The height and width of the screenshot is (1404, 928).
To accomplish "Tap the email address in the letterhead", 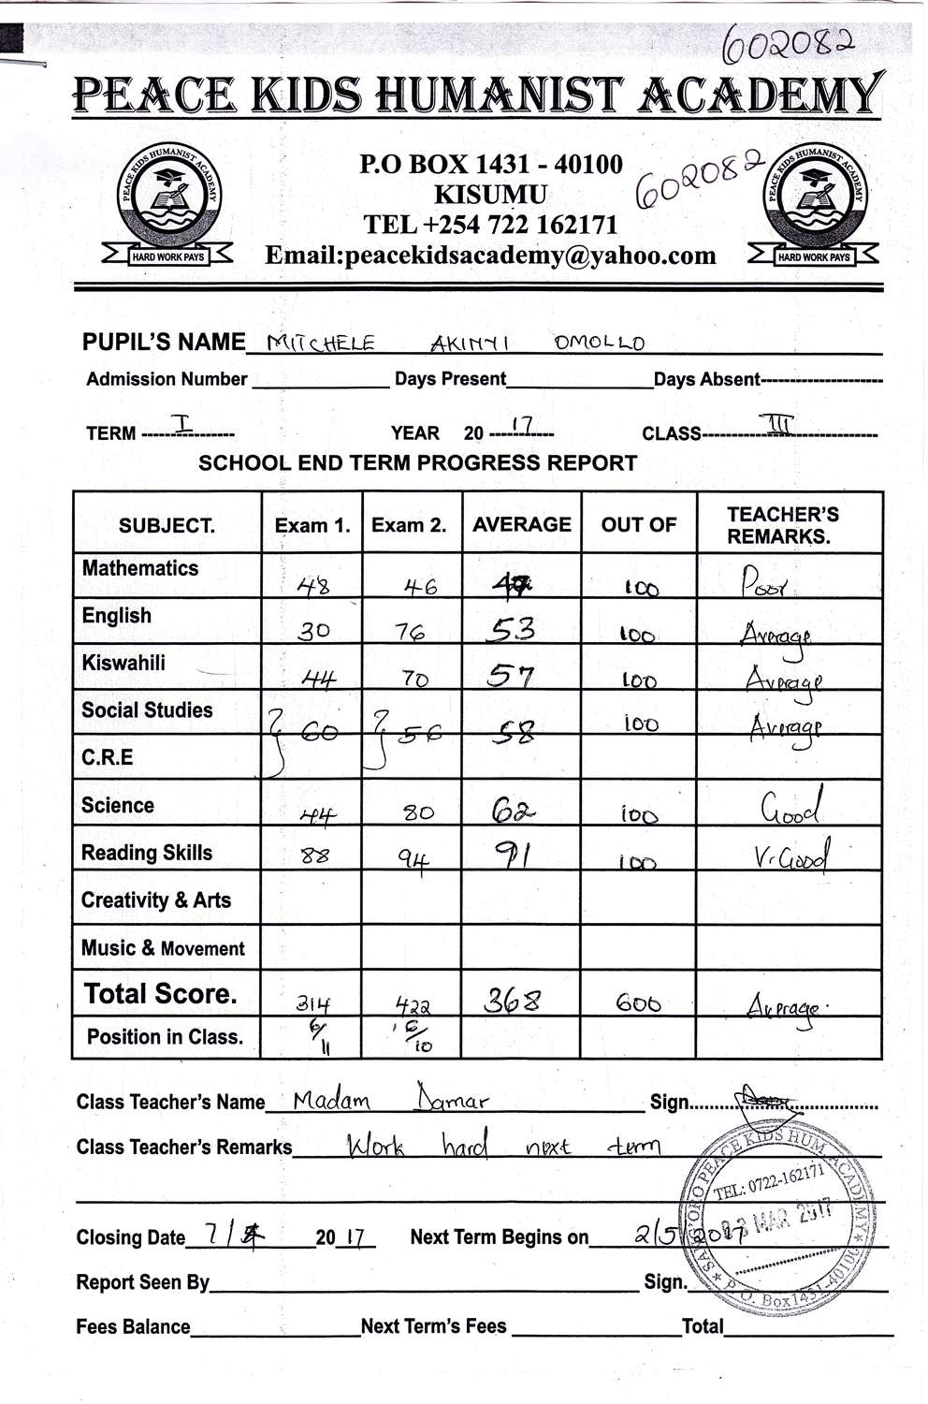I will tap(490, 256).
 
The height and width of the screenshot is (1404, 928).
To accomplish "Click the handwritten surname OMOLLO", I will tap(599, 343).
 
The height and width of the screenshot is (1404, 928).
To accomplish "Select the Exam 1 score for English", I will tap(313, 631).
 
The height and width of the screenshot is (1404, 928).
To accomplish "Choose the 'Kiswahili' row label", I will tap(123, 664).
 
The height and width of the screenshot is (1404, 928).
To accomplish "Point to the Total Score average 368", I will tap(512, 1002).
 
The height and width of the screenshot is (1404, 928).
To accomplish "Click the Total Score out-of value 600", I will tap(638, 1003).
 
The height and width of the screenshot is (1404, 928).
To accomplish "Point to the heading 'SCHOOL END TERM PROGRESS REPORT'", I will tap(417, 462).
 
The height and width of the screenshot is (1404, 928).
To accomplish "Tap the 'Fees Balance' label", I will tap(133, 1326).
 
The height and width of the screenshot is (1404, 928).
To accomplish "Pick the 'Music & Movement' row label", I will tap(163, 948).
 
